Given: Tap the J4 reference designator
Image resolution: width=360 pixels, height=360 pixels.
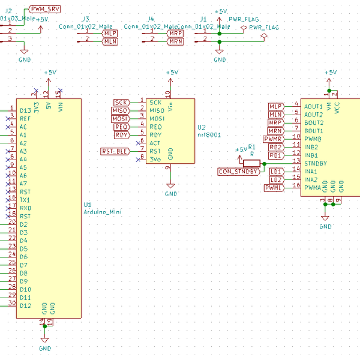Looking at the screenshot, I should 151,20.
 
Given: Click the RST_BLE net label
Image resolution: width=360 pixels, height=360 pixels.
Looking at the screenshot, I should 114,151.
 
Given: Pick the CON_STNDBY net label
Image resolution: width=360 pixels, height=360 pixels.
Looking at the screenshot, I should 238,172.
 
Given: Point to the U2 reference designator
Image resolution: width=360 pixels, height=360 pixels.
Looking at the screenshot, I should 201,127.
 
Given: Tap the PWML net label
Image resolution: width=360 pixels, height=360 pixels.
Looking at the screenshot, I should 274,188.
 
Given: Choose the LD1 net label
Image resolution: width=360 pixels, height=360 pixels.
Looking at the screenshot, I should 276,172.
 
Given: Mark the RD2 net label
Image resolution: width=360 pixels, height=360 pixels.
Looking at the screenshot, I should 276,147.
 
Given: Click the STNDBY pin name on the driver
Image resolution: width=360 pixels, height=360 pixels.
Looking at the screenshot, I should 316,163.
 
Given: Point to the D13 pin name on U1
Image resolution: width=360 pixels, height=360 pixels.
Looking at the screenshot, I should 25,110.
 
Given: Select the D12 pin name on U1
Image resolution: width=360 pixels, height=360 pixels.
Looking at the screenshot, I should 25,305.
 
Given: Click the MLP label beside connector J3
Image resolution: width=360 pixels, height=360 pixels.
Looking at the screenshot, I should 110,34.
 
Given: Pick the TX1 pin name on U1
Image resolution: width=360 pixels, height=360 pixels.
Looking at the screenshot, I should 25,200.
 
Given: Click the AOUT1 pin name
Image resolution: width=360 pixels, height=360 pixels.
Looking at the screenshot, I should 313,106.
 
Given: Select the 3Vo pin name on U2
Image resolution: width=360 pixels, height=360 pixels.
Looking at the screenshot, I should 155,159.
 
